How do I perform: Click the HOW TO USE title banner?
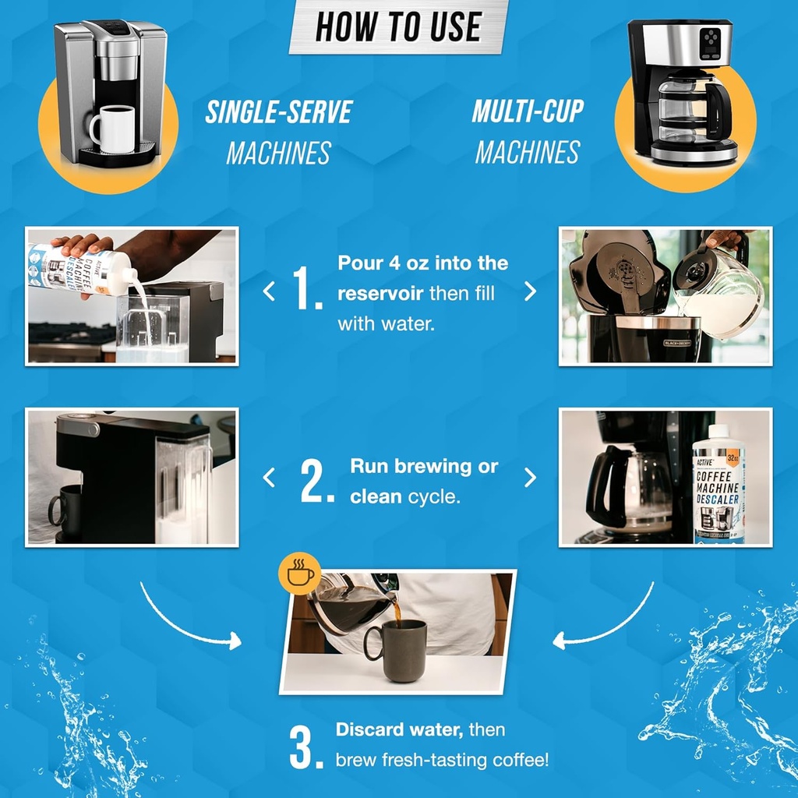click(x=398, y=26)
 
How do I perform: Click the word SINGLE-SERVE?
click(x=278, y=112)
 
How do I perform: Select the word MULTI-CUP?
click(x=528, y=111)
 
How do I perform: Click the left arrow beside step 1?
click(x=269, y=291)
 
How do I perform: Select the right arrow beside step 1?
click(x=530, y=291)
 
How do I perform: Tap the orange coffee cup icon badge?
click(x=299, y=574)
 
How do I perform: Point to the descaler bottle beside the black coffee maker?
click(x=719, y=483)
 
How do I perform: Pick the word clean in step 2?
click(x=376, y=496)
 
